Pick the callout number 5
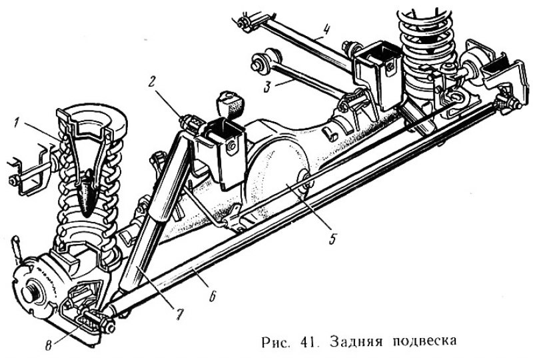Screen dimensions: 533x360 pos(332,239)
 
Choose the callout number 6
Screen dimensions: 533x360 pos(212,296)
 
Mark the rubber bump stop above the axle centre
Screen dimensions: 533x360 pos(229,105)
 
